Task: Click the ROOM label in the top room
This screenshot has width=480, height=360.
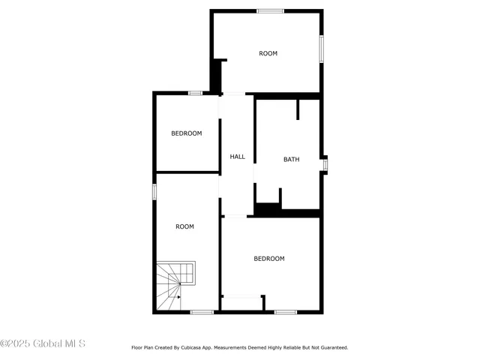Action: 268,53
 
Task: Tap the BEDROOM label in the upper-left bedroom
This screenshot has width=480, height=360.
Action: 186,133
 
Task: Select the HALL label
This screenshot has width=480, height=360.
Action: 237,157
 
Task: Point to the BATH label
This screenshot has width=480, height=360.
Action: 291,159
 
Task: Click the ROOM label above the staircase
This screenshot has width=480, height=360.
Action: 184,226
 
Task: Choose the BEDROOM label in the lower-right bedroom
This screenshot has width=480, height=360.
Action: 268,259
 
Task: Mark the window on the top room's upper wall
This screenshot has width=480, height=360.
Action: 270,10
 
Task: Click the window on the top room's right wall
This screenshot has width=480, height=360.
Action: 322,48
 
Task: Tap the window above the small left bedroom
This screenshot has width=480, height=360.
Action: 195,93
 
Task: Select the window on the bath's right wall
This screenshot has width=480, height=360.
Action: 324,163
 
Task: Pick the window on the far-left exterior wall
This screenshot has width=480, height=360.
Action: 154,191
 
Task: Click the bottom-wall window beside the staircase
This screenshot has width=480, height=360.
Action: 201,312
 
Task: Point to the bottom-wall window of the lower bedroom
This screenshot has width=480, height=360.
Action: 285,312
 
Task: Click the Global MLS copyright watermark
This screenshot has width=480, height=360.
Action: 43,343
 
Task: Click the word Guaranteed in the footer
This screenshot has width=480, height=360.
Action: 331,348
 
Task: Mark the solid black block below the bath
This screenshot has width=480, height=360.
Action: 267,209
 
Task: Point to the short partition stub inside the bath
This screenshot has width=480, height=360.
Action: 298,109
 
